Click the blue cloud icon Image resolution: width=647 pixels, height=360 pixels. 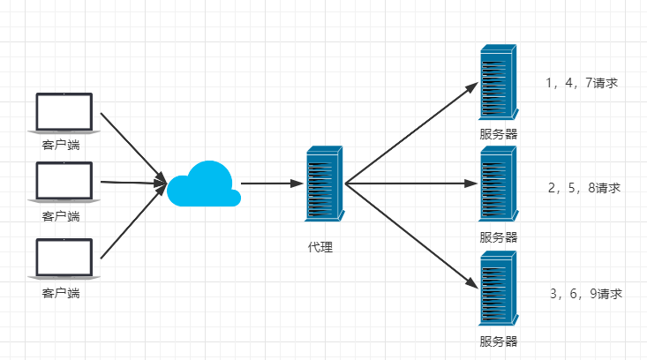[204, 184]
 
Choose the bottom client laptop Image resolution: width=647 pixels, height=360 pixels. [64, 259]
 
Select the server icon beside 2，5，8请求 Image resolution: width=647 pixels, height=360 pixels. [498, 184]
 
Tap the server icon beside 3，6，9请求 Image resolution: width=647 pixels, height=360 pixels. [498, 289]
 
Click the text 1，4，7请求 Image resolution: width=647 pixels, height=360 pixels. [582, 84]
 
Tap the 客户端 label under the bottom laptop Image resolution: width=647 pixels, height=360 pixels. [61, 292]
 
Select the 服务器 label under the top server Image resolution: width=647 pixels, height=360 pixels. [499, 134]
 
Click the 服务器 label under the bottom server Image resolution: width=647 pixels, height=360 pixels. [499, 341]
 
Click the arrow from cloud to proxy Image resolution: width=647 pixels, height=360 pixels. [272, 184]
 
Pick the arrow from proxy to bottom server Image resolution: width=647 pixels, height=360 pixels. [411, 236]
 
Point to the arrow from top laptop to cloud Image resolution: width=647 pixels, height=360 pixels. [132, 148]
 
